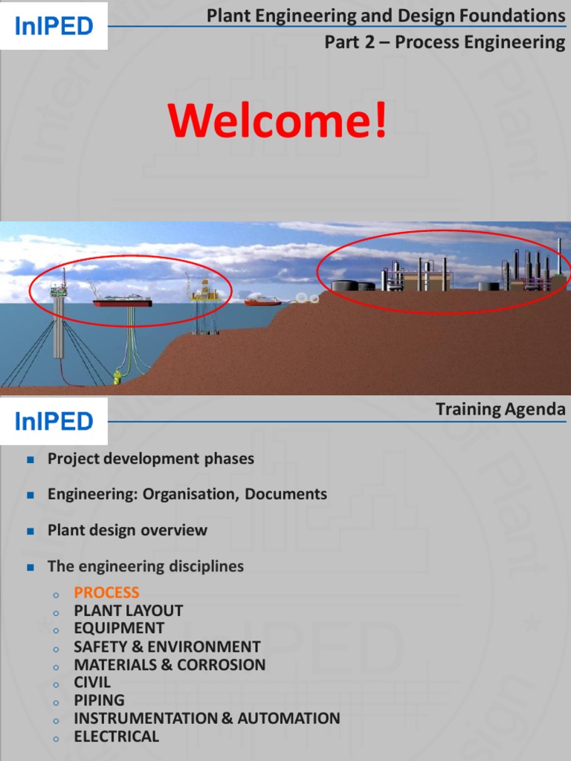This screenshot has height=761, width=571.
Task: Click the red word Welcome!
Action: [x=278, y=120]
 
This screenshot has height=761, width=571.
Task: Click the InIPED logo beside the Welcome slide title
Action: [x=54, y=26]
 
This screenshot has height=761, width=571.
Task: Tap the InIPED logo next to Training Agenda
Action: [x=54, y=421]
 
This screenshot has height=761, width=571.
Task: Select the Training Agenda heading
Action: [x=500, y=409]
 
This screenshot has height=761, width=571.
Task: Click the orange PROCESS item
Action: [x=106, y=592]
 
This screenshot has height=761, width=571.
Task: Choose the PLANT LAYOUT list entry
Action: [x=128, y=610]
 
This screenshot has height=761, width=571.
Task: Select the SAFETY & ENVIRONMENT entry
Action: [x=167, y=647]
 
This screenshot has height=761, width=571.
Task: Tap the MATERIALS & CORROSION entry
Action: [x=170, y=664]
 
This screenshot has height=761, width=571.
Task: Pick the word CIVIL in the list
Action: [x=92, y=682]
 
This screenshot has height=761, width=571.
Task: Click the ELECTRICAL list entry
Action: [x=116, y=736]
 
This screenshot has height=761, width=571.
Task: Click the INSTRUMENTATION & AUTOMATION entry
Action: [x=207, y=718]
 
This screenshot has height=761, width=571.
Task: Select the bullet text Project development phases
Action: [x=151, y=459]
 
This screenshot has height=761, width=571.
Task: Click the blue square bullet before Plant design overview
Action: [x=30, y=531]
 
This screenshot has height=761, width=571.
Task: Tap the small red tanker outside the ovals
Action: [x=262, y=301]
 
